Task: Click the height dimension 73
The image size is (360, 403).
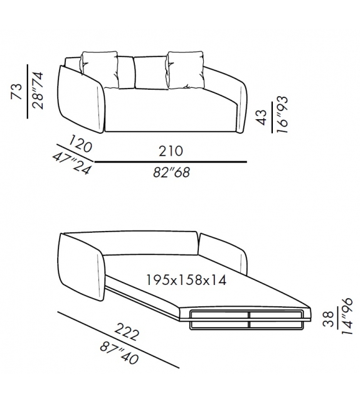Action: tap(18, 91)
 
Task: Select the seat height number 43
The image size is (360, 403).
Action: tap(262, 117)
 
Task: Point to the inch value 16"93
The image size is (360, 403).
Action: tap(282, 114)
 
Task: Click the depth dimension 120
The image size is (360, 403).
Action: tap(80, 144)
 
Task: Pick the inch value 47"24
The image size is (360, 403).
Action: tap(72, 163)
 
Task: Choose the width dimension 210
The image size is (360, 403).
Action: tap(171, 151)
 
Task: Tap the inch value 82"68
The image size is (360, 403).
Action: tap(171, 172)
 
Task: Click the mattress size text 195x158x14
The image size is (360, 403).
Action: tap(186, 280)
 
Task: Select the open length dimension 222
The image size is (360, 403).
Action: tap(127, 331)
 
